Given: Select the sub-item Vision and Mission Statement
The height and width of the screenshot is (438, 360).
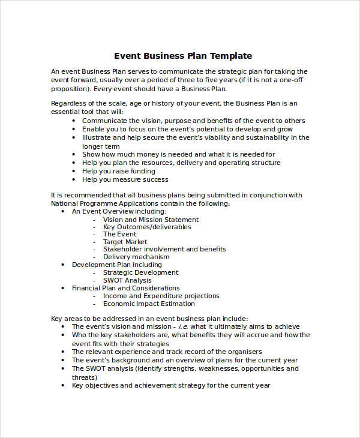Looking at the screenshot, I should pyautogui.click(x=151, y=220).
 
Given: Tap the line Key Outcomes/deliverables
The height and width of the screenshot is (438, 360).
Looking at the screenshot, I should pyautogui.click(x=147, y=227).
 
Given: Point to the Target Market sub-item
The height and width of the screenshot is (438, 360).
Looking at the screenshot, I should pyautogui.click(x=125, y=242).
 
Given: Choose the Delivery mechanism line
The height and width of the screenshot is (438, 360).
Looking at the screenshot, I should pyautogui.click(x=136, y=257).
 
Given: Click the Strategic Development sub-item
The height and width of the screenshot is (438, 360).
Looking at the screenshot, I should pyautogui.click(x=140, y=272).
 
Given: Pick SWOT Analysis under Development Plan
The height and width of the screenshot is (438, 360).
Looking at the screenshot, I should pyautogui.click(x=127, y=280).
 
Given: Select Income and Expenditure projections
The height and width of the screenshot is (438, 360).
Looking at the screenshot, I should pyautogui.click(x=161, y=296).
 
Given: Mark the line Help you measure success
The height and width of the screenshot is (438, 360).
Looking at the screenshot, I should pyautogui.click(x=125, y=179).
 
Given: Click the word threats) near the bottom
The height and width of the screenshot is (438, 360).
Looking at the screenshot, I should pyautogui.click(x=85, y=377).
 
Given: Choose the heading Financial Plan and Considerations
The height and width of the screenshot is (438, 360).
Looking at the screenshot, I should pyautogui.click(x=125, y=288).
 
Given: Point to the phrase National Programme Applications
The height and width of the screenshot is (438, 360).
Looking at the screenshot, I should pyautogui.click(x=100, y=203).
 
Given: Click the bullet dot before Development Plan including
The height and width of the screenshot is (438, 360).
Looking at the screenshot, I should pyautogui.click(x=64, y=265).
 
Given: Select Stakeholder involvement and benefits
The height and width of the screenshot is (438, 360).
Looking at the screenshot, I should pyautogui.click(x=164, y=249).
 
